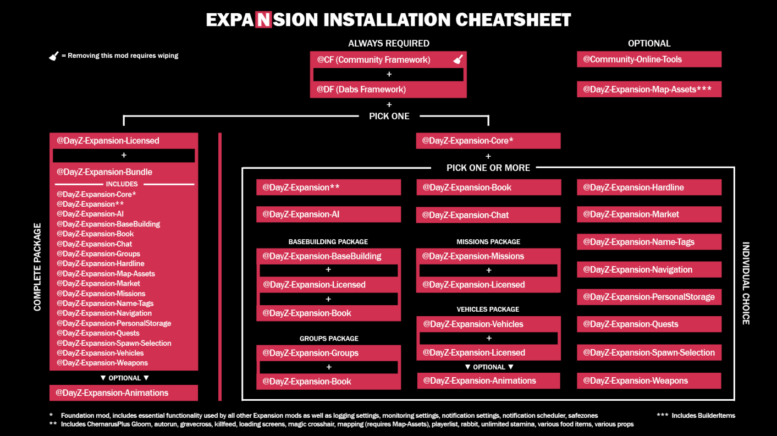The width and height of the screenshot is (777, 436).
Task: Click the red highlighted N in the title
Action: (x=263, y=20)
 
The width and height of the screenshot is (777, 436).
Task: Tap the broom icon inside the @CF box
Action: (x=458, y=60)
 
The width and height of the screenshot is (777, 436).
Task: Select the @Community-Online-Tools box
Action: (x=649, y=59)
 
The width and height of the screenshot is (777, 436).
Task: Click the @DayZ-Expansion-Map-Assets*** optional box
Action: (x=649, y=89)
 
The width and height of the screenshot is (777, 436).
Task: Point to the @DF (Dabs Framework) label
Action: (x=361, y=90)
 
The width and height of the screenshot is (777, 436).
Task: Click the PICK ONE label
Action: (x=389, y=116)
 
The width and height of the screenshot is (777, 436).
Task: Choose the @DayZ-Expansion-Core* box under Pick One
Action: (x=488, y=141)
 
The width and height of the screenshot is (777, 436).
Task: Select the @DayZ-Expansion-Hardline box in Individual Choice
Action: (x=649, y=187)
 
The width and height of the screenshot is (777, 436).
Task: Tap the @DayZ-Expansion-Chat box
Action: (x=488, y=215)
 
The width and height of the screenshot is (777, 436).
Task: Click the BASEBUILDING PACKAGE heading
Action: (x=328, y=242)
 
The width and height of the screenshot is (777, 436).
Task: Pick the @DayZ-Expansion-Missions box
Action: (x=488, y=256)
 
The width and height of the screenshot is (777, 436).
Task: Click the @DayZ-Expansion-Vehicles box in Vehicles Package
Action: (x=488, y=324)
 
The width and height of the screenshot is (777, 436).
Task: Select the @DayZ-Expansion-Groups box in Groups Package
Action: (x=328, y=353)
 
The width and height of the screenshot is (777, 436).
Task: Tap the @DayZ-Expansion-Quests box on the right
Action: (x=649, y=324)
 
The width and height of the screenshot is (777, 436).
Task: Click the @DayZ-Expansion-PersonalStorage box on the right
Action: (x=649, y=297)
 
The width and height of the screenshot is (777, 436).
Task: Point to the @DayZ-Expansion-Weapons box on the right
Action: (x=649, y=380)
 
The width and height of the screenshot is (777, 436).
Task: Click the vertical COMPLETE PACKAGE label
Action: (x=37, y=267)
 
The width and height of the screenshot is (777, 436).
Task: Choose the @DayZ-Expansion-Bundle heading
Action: (x=104, y=172)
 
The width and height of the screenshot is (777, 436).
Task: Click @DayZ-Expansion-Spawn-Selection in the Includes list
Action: (x=114, y=343)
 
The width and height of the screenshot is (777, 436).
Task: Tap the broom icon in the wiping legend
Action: (x=54, y=56)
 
